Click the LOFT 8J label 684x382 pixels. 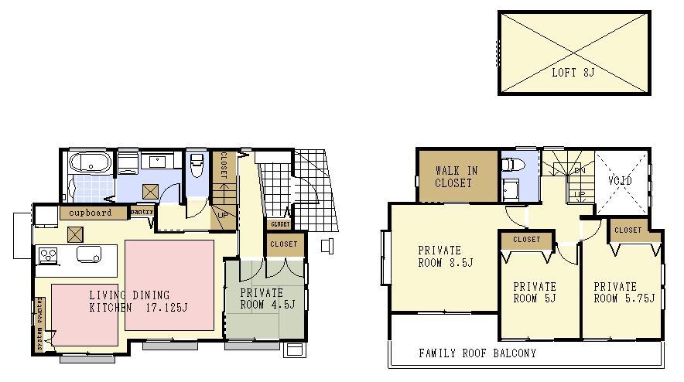click(x=573, y=73)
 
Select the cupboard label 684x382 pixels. click(x=91, y=212)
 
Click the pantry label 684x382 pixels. click(x=142, y=211)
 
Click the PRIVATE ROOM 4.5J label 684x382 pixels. click(x=267, y=298)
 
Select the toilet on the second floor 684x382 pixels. click(x=510, y=165)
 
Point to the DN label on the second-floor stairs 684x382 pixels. click(x=578, y=169)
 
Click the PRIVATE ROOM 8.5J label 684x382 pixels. click(x=439, y=256)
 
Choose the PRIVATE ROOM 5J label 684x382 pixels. click(x=535, y=292)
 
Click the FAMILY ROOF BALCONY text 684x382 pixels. click(x=477, y=353)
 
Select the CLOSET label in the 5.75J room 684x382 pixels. click(x=628, y=230)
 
